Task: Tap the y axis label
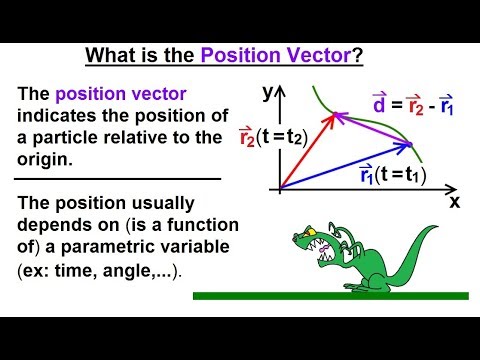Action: pos(268,94)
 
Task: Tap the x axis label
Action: pos(454,201)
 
